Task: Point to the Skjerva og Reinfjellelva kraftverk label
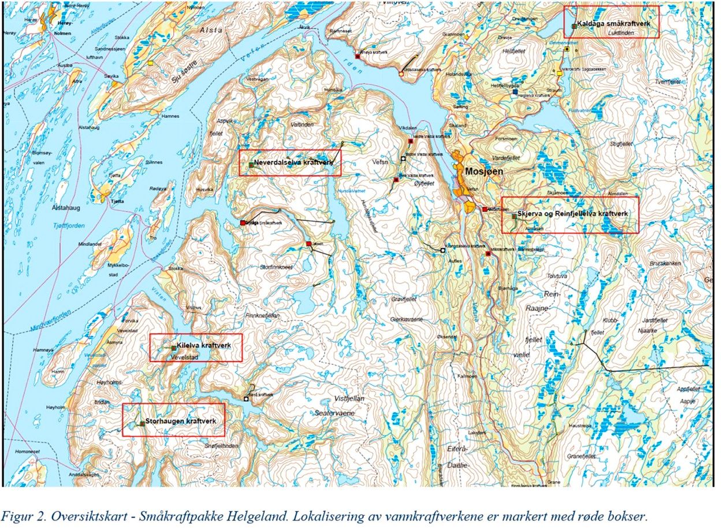572,214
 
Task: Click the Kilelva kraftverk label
203,345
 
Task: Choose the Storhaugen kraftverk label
180,421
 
